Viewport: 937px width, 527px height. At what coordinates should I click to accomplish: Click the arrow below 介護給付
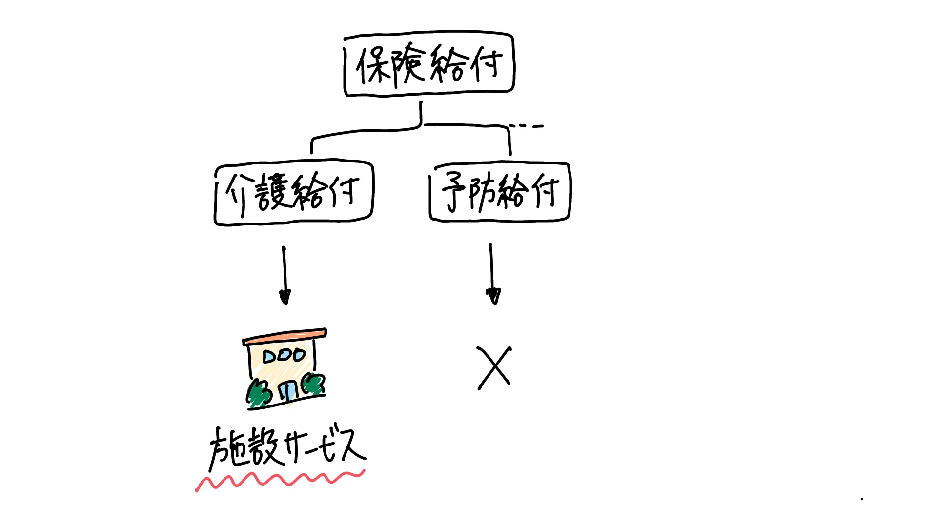point(285,276)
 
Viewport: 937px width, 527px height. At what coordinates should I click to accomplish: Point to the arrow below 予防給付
point(492,274)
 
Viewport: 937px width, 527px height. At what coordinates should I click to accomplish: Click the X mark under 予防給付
point(494,368)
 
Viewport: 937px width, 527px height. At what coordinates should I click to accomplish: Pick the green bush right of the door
point(313,384)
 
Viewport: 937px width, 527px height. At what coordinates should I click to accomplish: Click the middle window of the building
point(285,356)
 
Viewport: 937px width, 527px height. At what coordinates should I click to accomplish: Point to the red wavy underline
point(280,480)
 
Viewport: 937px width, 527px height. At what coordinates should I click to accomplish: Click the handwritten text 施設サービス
point(287,447)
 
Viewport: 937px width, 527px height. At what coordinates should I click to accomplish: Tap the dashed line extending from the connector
point(526,126)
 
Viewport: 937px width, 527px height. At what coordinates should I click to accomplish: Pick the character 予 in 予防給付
point(454,191)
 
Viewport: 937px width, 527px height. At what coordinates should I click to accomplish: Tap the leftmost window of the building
point(270,357)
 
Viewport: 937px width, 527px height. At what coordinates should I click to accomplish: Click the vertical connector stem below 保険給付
point(421,113)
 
